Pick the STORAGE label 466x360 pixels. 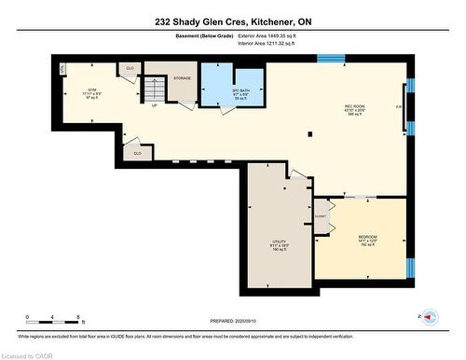[183, 78]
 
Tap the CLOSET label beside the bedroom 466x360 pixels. [320, 214]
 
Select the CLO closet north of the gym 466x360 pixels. [129, 69]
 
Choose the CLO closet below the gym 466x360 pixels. [137, 152]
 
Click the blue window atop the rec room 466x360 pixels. [331, 59]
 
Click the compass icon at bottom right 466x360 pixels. [431, 318]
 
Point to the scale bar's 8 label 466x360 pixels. [77, 318]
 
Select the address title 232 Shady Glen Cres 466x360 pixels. [232, 20]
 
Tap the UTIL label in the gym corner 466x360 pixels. [62, 70]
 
